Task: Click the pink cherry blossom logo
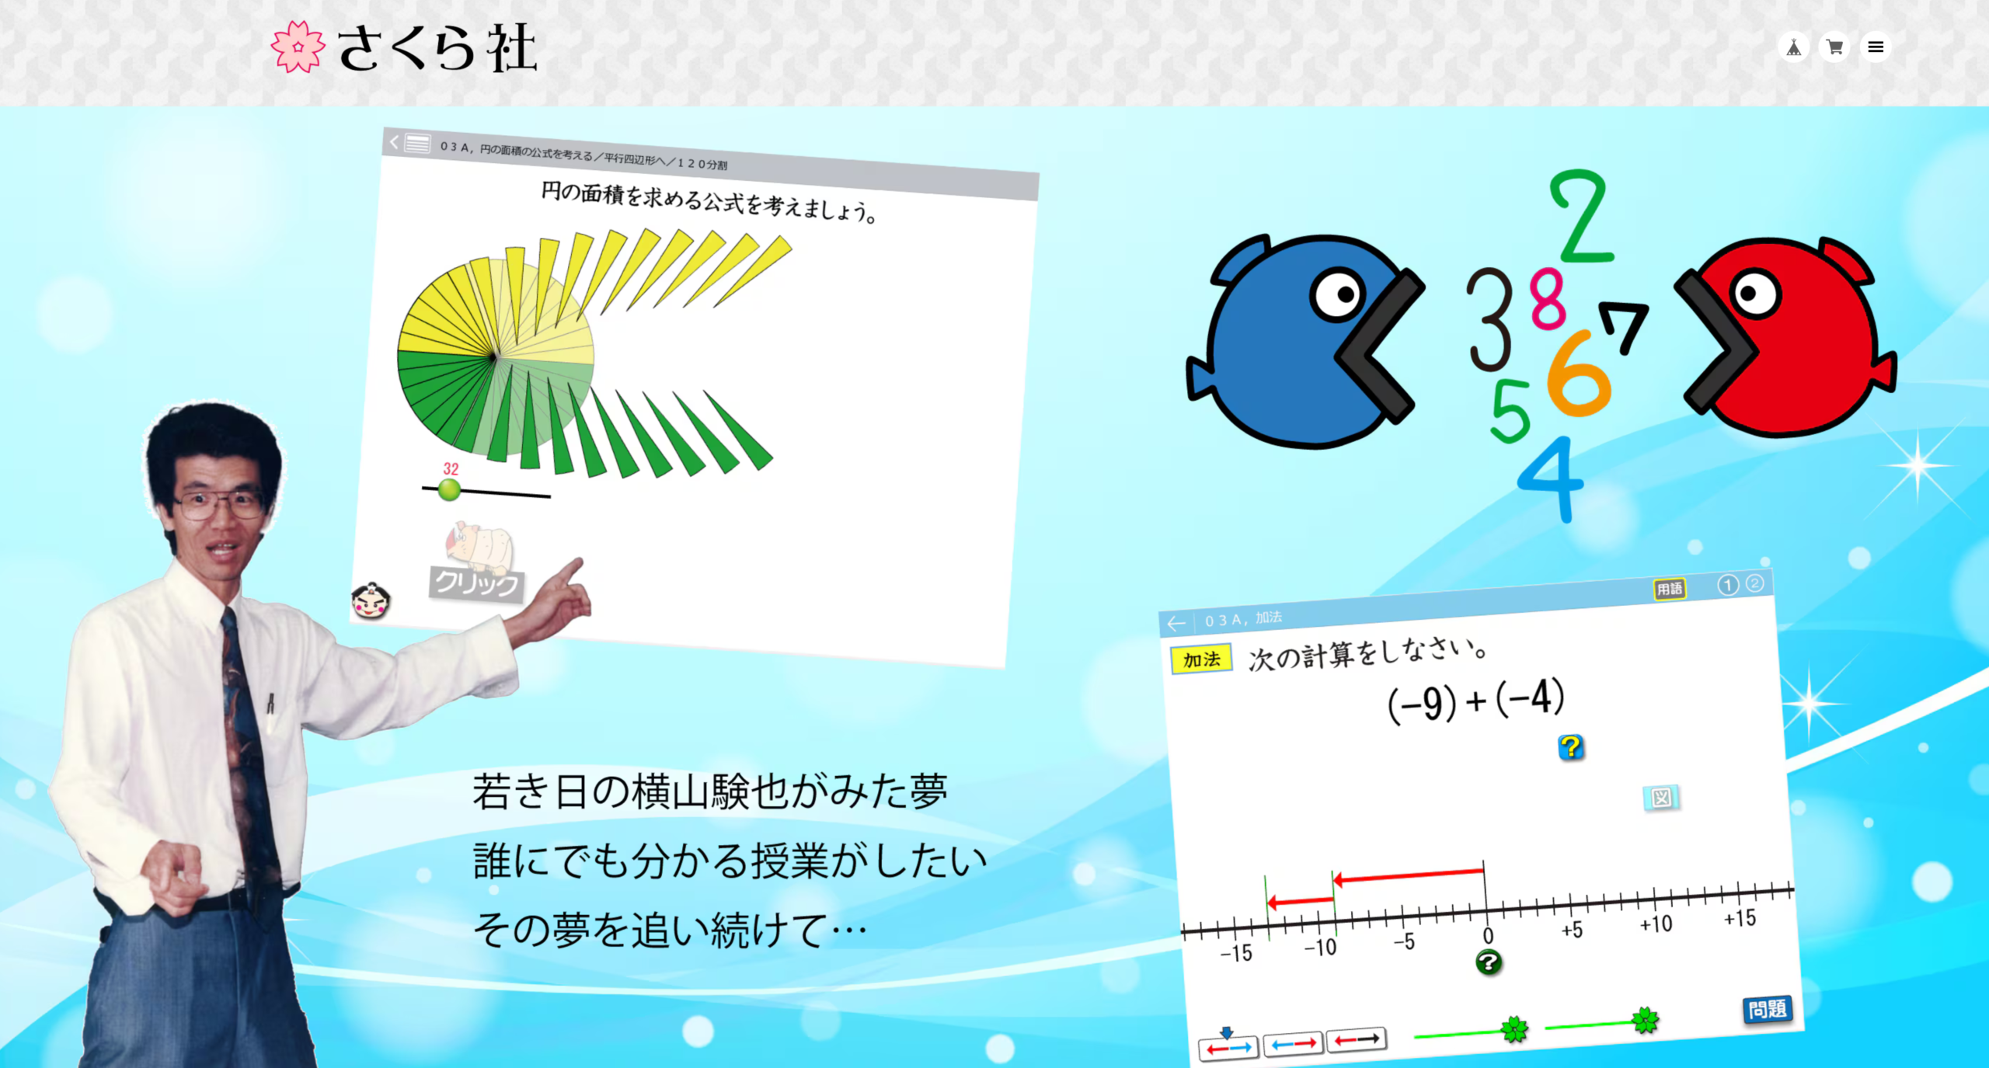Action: [x=298, y=47]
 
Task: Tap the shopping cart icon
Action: [x=1834, y=47]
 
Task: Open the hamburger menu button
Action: [x=1876, y=47]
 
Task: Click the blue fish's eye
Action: [x=1338, y=294]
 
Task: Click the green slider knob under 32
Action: [x=449, y=489]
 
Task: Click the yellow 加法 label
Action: [x=1201, y=659]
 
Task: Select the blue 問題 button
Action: [x=1768, y=1009]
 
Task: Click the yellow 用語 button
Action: [x=1670, y=589]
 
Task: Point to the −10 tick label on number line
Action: [x=1320, y=948]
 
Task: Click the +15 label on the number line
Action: [x=1740, y=919]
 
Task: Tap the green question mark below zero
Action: [x=1489, y=963]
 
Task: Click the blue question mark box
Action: [x=1571, y=747]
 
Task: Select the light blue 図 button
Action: [x=1661, y=798]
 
